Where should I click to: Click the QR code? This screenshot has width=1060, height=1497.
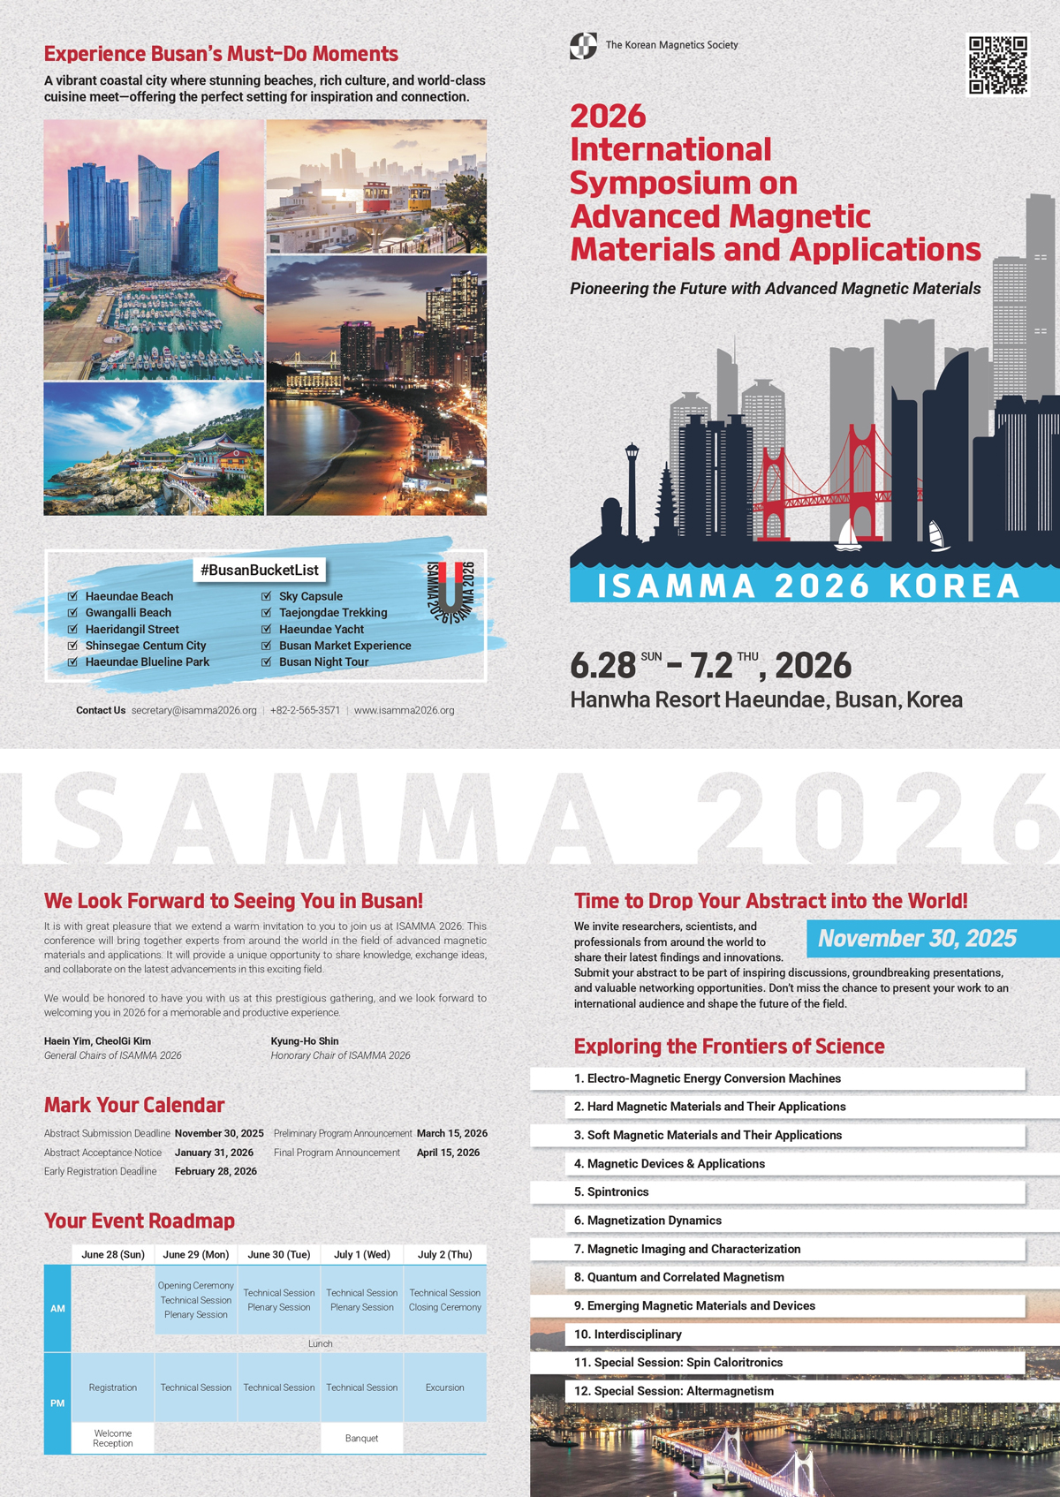point(998,64)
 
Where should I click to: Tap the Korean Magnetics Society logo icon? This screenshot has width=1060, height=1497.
point(583,45)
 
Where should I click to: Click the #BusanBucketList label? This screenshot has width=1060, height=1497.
point(260,570)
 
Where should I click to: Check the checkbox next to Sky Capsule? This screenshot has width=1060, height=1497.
point(267,596)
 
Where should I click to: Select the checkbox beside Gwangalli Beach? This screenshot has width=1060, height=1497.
point(72,612)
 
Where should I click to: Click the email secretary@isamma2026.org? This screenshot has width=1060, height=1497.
point(193,710)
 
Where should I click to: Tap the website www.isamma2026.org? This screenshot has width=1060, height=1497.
point(404,710)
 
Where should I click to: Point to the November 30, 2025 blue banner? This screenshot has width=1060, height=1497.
point(918,938)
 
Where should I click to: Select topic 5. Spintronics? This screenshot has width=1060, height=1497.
point(617,1191)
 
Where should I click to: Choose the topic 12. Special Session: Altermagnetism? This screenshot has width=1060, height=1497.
point(674,1391)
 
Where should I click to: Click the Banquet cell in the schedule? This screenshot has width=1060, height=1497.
point(361,1438)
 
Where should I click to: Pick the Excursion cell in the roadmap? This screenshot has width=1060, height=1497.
point(444,1387)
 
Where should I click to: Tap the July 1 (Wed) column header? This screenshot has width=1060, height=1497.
point(361,1254)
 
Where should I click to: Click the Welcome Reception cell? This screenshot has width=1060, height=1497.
point(113,1438)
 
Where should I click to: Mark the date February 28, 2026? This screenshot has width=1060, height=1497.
point(216,1171)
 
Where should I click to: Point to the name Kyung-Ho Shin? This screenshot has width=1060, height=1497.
point(305,1040)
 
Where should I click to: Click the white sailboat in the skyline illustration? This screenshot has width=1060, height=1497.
point(848,535)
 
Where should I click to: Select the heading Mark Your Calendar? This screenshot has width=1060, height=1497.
point(134,1105)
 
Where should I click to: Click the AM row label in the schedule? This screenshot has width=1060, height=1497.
point(57,1308)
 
